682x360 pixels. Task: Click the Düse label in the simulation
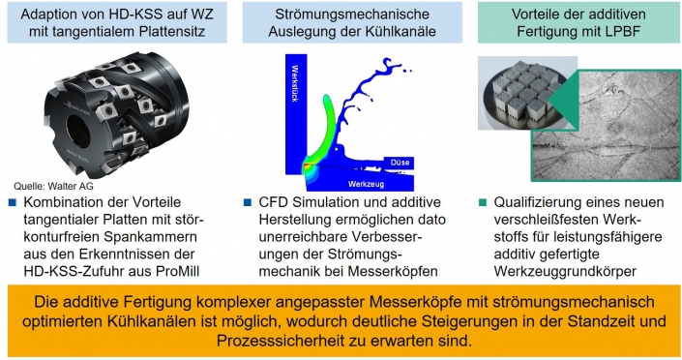400,163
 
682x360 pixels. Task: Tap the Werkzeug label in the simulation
366,184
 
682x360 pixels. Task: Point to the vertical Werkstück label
295,83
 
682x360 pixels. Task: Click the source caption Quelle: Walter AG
53,187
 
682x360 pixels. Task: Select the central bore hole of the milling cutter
78,130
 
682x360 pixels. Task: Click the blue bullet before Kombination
13,202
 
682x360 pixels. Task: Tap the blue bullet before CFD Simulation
248,202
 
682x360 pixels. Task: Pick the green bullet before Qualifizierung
483,202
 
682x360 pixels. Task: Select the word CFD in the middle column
274,202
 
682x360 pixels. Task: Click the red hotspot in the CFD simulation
307,166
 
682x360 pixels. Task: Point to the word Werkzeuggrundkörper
565,271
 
